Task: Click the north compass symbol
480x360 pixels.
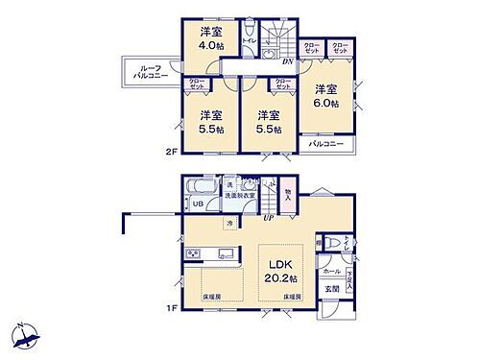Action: [x=26, y=336]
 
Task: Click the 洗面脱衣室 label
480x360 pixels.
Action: [x=239, y=196]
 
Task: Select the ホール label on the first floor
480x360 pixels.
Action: [x=331, y=273]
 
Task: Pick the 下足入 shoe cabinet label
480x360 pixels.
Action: [x=349, y=278]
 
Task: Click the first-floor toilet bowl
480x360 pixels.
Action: [x=334, y=243]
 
